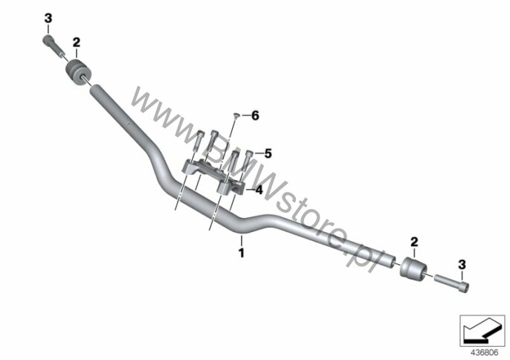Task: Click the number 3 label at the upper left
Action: pos(48,19)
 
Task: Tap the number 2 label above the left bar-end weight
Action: pos(76,42)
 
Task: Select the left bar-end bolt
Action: pos(53,46)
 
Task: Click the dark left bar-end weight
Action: pos(78,72)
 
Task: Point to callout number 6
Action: pos(255,115)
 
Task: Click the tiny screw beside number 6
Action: pos(236,115)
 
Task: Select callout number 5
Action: pos(268,153)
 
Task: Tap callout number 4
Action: pos(259,190)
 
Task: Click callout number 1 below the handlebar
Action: pos(242,253)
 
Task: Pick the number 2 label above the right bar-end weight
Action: pos(414,242)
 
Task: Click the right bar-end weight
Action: pos(413,267)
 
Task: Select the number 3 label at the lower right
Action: pos(462,265)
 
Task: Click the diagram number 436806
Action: pos(484,353)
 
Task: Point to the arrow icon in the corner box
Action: pos(482,331)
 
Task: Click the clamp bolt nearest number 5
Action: pos(248,161)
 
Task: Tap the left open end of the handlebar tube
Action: pos(95,89)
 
